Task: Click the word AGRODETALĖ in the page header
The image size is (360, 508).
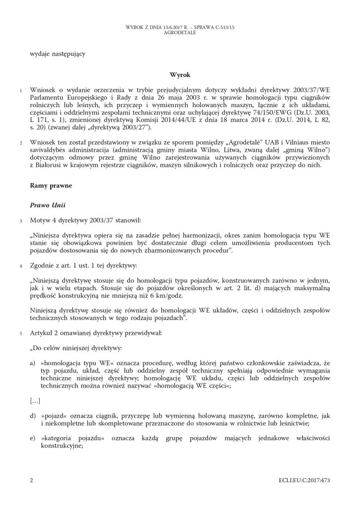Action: click(x=180, y=32)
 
